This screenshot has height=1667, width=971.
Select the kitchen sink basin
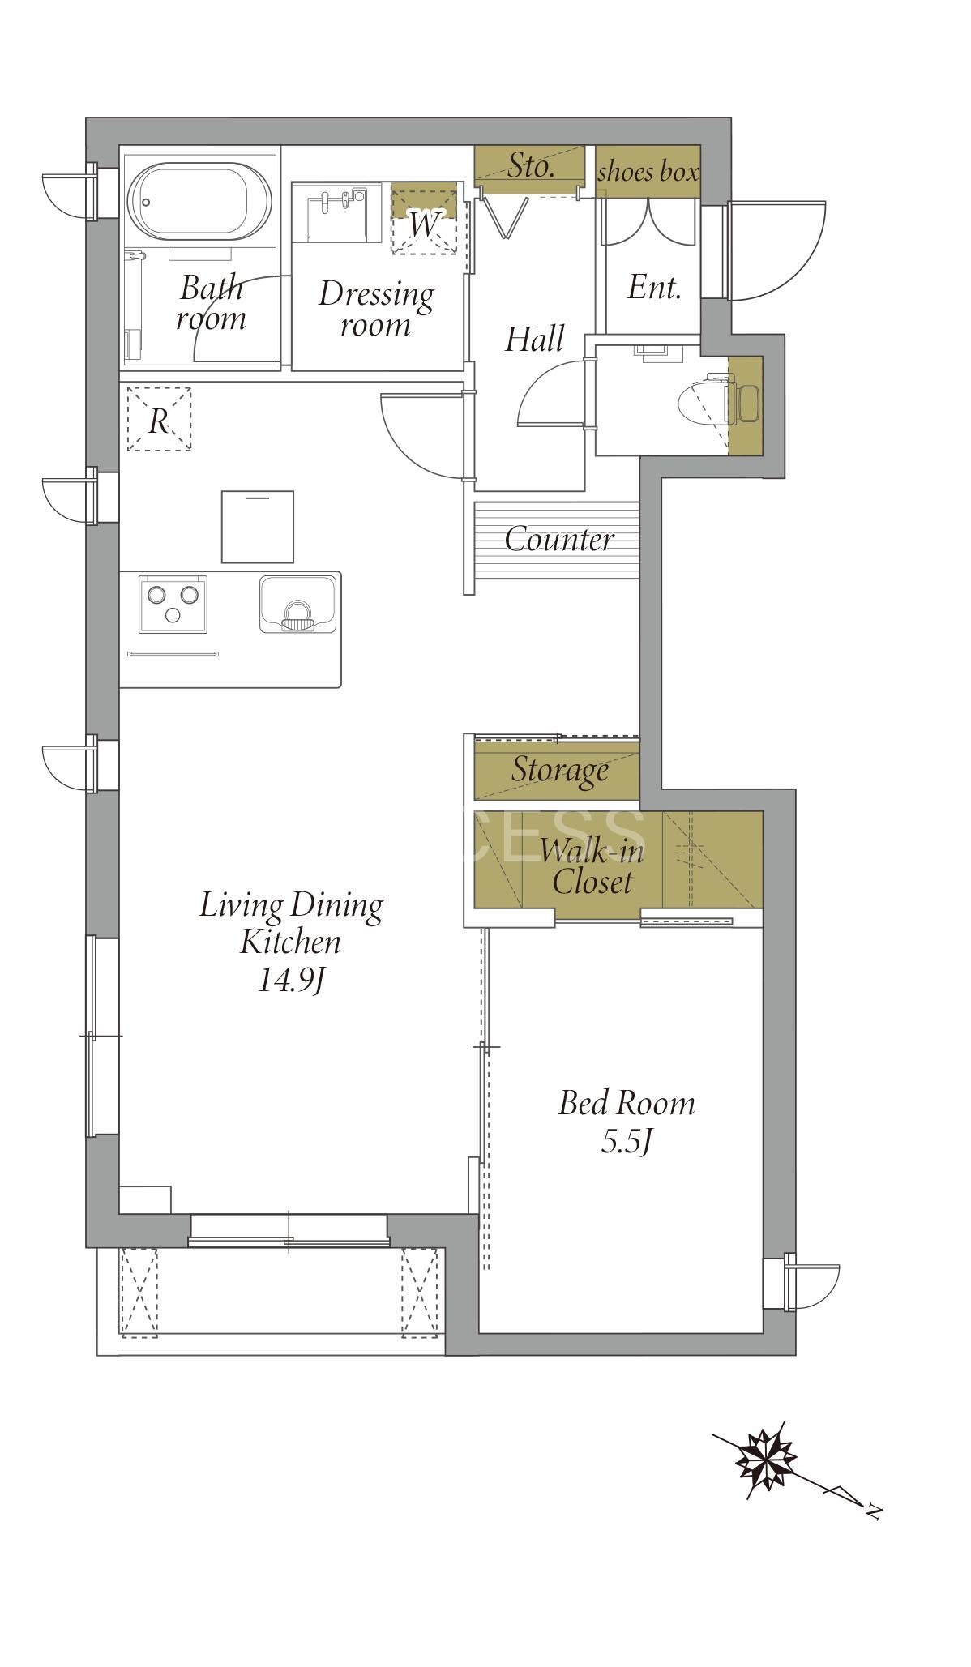(x=297, y=604)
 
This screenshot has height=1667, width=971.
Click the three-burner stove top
(x=173, y=604)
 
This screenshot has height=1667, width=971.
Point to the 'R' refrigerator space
(x=159, y=419)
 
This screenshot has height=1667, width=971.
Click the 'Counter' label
(x=559, y=540)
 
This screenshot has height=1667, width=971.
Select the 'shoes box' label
(x=648, y=172)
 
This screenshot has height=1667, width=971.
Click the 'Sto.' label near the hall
(x=531, y=166)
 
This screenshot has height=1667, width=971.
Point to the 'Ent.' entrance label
(x=653, y=287)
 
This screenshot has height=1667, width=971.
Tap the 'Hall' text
(x=534, y=339)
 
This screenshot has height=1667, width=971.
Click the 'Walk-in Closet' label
(x=592, y=866)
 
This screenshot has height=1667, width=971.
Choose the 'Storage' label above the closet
(x=559, y=770)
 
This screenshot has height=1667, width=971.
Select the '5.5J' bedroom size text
(x=627, y=1142)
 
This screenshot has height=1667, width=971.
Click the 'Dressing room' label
(x=375, y=309)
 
